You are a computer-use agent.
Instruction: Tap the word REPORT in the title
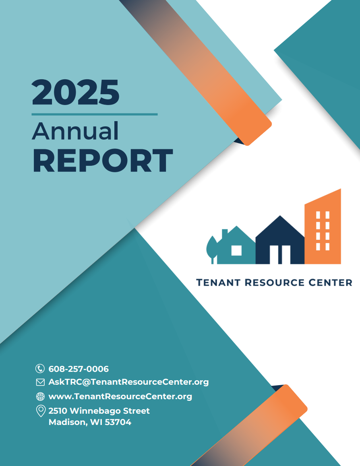[103, 161]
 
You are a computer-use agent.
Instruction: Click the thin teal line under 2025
[94, 114]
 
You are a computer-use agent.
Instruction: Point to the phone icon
[40, 369]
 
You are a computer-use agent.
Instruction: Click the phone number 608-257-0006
[79, 369]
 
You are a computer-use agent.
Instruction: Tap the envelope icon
[40, 382]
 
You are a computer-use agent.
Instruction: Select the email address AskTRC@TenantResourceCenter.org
[128, 382]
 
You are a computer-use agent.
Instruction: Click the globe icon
[40, 396]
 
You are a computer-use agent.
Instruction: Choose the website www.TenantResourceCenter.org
[120, 396]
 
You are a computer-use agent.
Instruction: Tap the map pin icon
[40, 411]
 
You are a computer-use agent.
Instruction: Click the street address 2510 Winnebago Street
[99, 411]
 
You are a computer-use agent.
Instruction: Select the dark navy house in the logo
[279, 241]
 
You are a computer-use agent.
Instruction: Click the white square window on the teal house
[236, 250]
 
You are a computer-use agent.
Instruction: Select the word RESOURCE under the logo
[274, 282]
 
